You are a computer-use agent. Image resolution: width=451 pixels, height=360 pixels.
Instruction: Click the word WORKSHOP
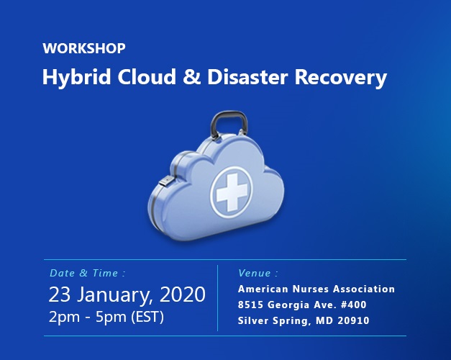coord(84,49)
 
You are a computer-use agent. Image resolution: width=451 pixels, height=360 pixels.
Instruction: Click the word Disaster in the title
coord(244,77)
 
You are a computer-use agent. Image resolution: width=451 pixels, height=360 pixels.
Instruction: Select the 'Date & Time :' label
coord(88,274)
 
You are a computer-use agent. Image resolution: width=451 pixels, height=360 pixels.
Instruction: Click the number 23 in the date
coord(61,294)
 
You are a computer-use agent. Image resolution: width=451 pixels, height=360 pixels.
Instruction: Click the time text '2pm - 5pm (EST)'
coord(106,317)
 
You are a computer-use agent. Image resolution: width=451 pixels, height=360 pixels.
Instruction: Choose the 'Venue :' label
coord(258,274)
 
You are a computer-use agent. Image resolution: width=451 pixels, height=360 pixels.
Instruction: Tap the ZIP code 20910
coord(352,321)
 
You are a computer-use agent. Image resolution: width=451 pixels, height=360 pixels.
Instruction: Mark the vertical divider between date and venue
coord(217,297)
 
